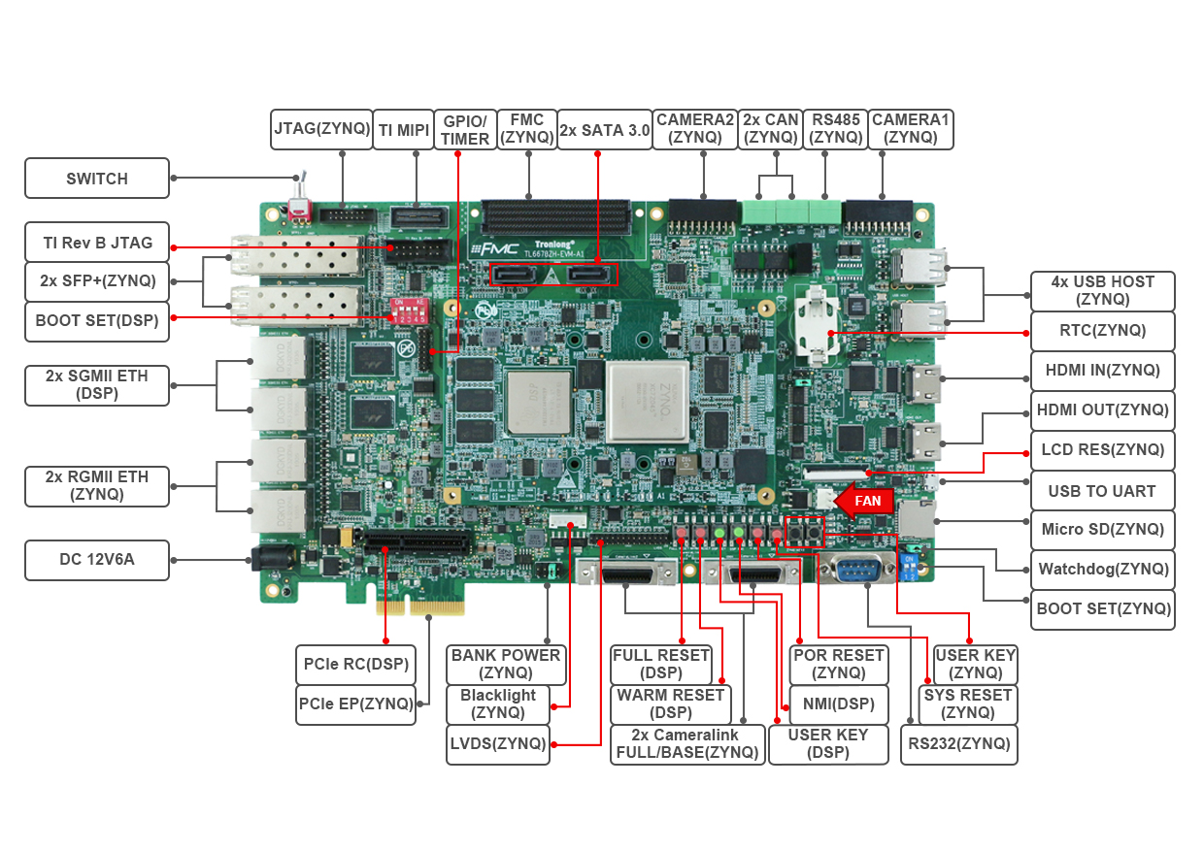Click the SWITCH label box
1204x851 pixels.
tap(97, 179)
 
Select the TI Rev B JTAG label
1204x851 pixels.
tap(97, 243)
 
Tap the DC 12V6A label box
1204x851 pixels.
tap(97, 559)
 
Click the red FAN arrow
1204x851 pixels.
tap(863, 501)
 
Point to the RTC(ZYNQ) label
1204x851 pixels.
tap(1102, 330)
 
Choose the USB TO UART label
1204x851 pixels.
tap(1102, 491)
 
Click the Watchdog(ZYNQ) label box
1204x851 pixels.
tap(1102, 569)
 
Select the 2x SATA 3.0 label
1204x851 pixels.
tap(605, 129)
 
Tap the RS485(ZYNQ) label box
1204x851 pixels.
tap(836, 129)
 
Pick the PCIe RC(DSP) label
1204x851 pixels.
tap(355, 665)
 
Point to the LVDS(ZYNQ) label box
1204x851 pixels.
tap(498, 744)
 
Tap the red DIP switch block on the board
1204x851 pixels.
tap(408, 311)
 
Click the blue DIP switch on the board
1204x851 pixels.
tap(910, 568)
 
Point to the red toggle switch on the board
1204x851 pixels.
tap(299, 207)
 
